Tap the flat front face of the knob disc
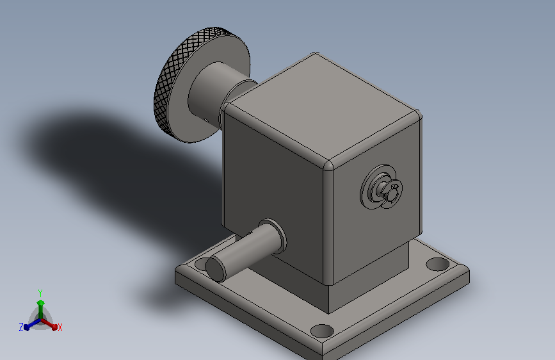pyautogui.click(x=198, y=117)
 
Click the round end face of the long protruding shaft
pyautogui.click(x=216, y=269)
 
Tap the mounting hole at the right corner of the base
pyautogui.click(x=437, y=264)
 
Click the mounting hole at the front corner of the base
pyautogui.click(x=322, y=331)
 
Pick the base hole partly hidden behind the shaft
pyautogui.click(x=201, y=263)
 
